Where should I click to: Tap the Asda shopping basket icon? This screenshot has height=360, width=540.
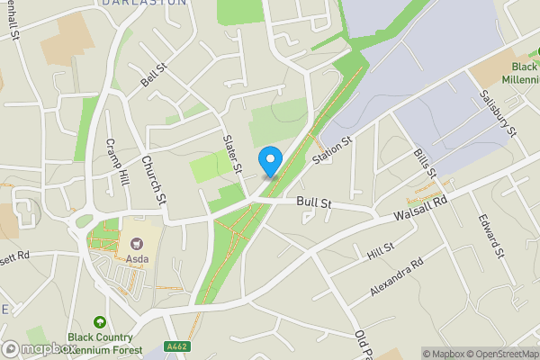(x=136, y=243)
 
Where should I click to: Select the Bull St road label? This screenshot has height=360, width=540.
(x=314, y=205)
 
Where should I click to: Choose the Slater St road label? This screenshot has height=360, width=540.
(x=232, y=153)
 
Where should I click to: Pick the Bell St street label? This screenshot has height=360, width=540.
(x=154, y=75)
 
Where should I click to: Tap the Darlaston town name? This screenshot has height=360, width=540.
(x=144, y=4)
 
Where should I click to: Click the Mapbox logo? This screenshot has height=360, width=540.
(x=39, y=348)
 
